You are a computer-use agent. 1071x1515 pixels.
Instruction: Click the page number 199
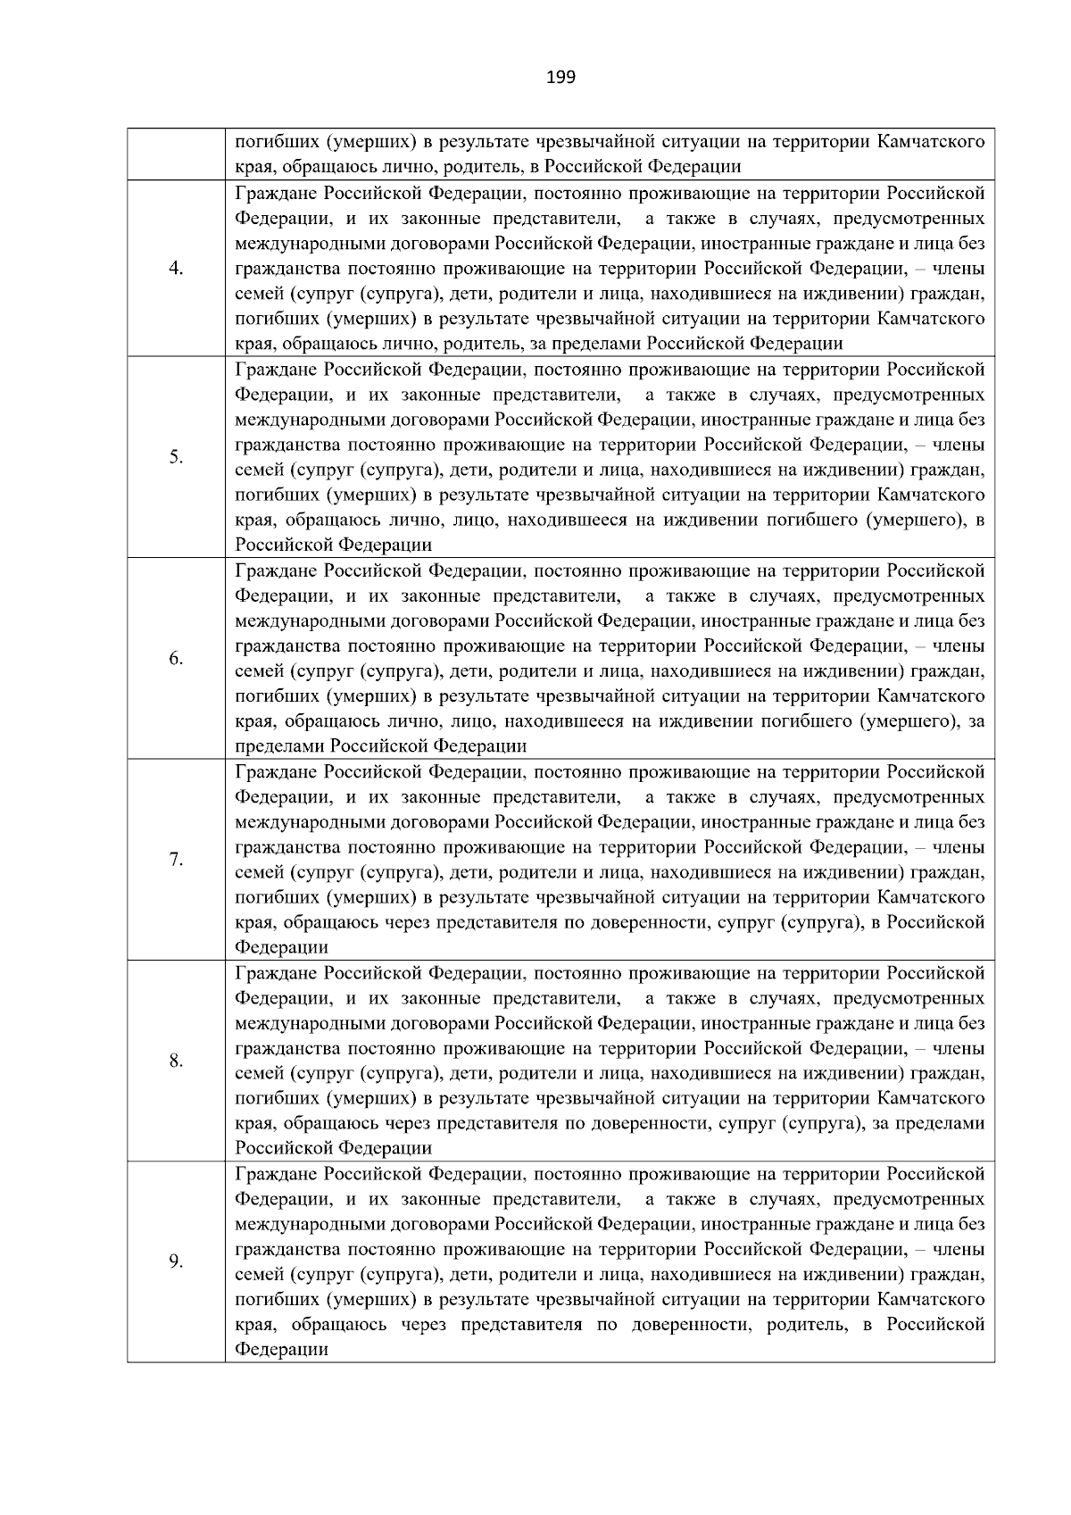560,77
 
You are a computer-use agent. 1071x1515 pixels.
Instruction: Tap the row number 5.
176,457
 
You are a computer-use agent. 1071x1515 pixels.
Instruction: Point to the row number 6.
176,659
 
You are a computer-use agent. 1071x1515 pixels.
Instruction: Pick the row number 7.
176,860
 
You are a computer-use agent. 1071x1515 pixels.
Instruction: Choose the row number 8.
176,1061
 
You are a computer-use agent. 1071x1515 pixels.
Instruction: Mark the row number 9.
176,1261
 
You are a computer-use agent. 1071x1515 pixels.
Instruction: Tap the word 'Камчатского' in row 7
931,897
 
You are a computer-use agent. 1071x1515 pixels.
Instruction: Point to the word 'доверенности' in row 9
686,1324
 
